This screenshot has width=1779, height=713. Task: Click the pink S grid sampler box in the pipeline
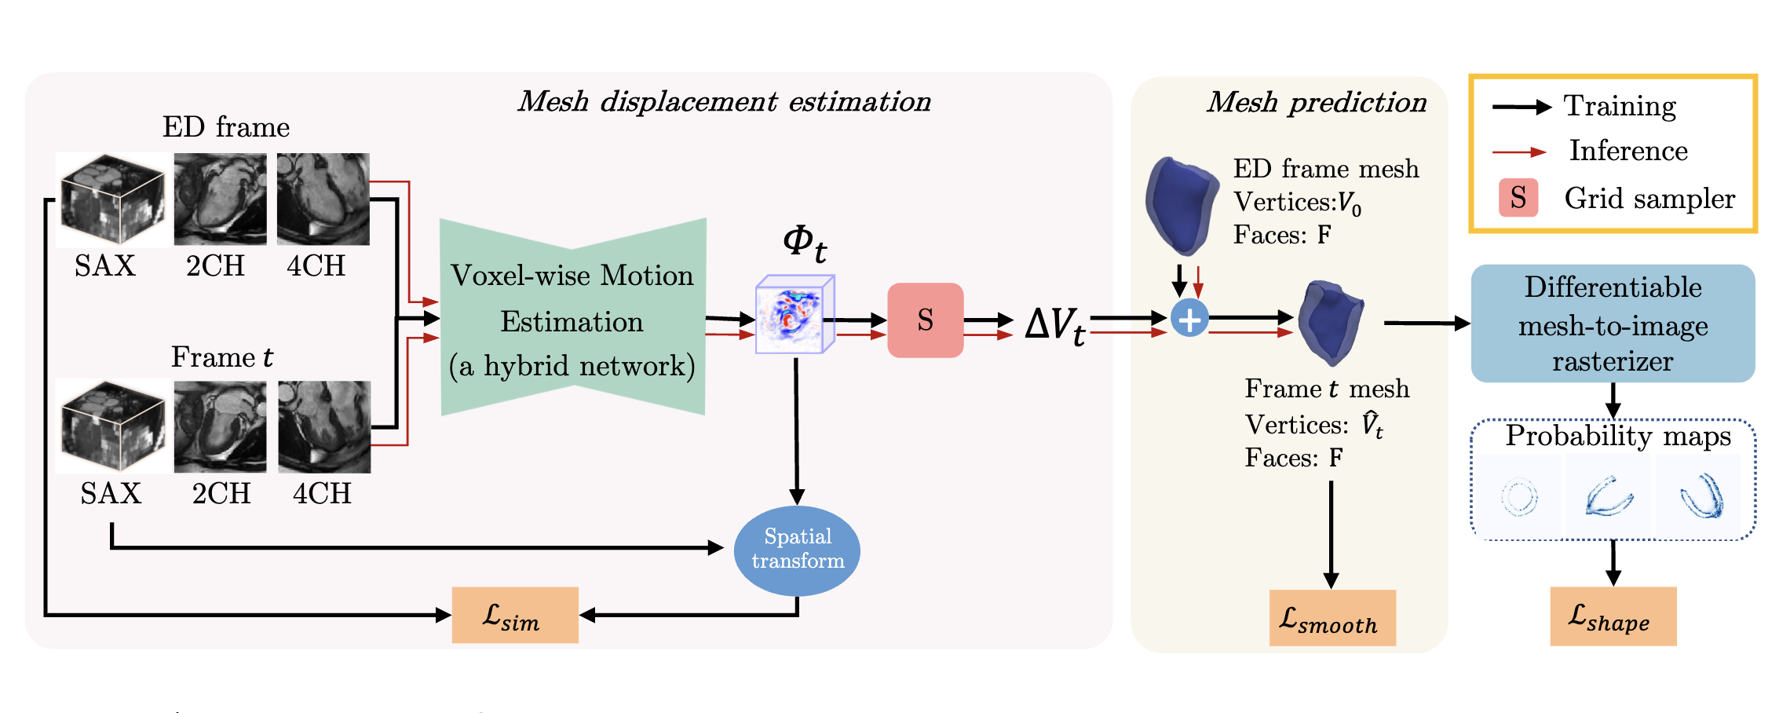point(925,320)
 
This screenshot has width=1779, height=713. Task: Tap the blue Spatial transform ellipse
point(797,550)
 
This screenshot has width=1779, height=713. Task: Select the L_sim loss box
point(515,616)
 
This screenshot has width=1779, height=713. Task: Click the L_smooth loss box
point(1332,619)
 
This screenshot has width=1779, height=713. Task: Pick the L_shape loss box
point(1613,616)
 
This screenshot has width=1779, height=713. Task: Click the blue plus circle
point(1189,319)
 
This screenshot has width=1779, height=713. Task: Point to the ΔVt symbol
point(1055,324)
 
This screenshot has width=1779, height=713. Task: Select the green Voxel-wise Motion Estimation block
point(572,317)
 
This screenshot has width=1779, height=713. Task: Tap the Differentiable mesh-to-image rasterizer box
point(1613,324)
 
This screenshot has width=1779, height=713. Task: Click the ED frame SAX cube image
point(111,199)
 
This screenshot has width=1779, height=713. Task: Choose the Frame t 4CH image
point(324,426)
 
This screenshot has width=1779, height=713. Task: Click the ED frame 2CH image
point(220,199)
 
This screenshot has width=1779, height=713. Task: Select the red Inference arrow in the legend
point(1518,152)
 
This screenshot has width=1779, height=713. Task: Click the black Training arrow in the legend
point(1521,108)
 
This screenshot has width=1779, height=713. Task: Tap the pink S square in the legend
point(1518,198)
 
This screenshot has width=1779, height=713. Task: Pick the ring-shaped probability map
point(1519,496)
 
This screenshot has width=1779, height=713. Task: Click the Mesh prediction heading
point(1317,103)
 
